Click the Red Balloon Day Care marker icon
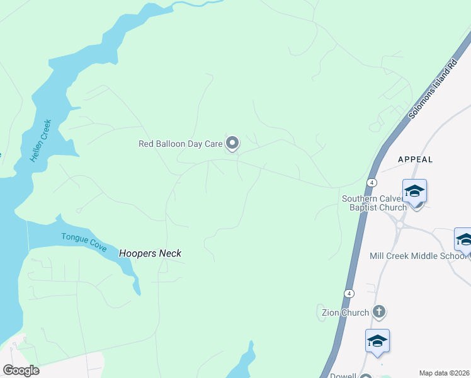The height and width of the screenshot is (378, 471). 232,144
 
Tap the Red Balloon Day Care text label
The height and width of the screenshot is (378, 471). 181,144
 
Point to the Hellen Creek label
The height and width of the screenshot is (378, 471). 40,142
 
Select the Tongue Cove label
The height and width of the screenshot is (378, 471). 84,242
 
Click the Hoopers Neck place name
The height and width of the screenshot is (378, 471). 150,253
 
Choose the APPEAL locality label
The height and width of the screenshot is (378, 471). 416,159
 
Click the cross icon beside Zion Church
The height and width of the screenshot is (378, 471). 379,311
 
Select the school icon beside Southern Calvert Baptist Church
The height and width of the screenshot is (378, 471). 415,190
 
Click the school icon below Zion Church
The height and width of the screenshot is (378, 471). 377,341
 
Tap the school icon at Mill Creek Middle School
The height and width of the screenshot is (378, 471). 464,239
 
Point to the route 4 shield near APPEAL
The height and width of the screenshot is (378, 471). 373,182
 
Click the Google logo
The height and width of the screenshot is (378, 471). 20,370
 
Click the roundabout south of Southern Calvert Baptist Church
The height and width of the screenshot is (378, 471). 400,224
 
